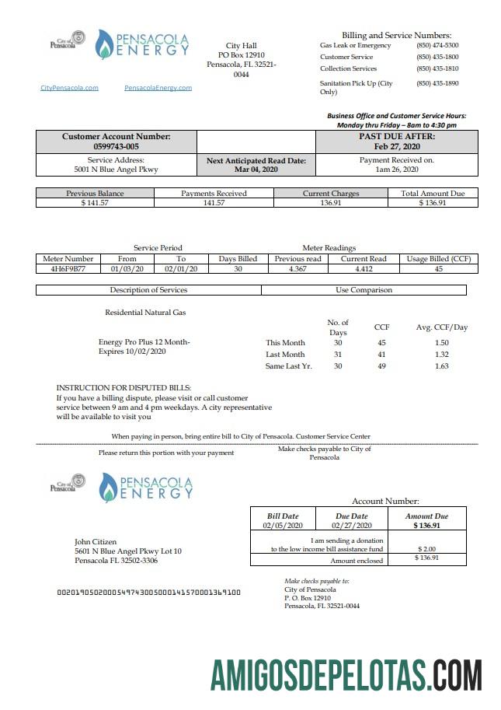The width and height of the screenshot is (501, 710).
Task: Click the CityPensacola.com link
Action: (69, 88)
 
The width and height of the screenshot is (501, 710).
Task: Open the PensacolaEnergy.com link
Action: (158, 88)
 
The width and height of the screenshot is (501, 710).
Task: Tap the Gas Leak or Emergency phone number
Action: (437, 46)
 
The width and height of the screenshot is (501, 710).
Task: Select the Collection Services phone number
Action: (437, 69)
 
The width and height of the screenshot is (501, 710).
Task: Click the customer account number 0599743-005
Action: (116, 146)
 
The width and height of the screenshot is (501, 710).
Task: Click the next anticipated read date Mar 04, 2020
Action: (256, 169)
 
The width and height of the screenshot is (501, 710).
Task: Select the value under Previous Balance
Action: (95, 203)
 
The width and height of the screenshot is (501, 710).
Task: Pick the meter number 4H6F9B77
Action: (68, 269)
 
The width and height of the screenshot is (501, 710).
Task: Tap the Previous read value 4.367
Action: (297, 269)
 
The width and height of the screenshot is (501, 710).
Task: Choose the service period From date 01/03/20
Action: (127, 269)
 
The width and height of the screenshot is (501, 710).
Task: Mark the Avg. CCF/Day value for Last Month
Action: (441, 354)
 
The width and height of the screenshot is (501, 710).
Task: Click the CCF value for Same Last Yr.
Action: (381, 366)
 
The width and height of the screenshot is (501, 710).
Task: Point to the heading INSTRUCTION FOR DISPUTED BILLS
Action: (124, 387)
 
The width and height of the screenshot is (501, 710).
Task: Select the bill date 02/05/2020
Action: (280, 526)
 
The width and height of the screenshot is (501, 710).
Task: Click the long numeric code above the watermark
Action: (149, 593)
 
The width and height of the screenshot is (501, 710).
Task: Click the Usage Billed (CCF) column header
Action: (438, 259)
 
